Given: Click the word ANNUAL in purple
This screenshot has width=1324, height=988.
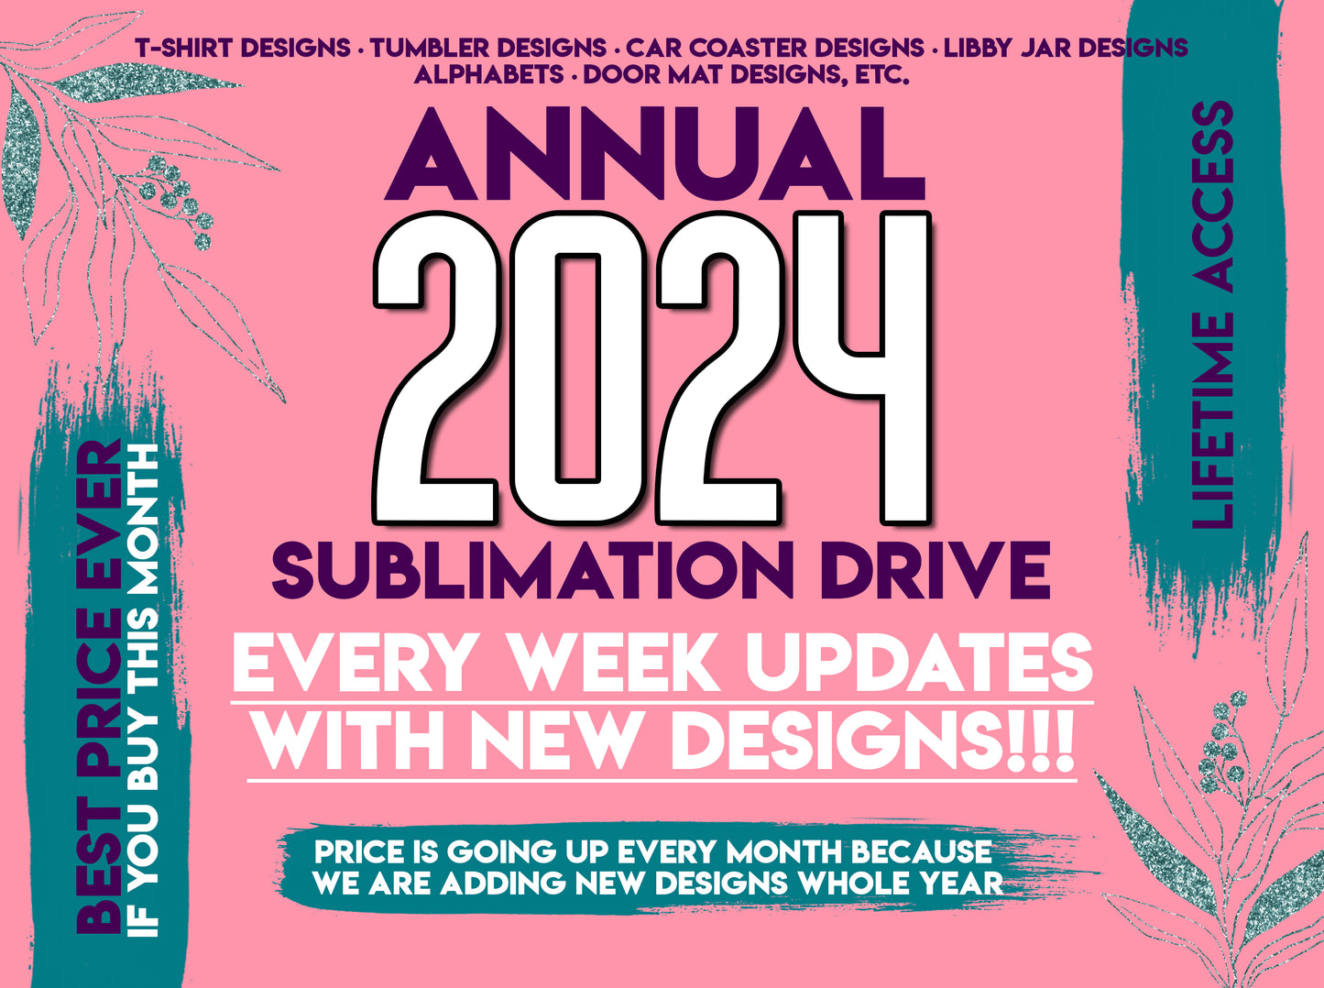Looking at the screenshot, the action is (654, 154).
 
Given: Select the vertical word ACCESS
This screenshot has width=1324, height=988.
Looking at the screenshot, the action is (1211, 197).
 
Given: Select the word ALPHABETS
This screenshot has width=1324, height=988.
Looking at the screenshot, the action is (488, 75).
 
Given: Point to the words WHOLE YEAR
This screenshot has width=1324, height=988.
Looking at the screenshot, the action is (901, 884).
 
